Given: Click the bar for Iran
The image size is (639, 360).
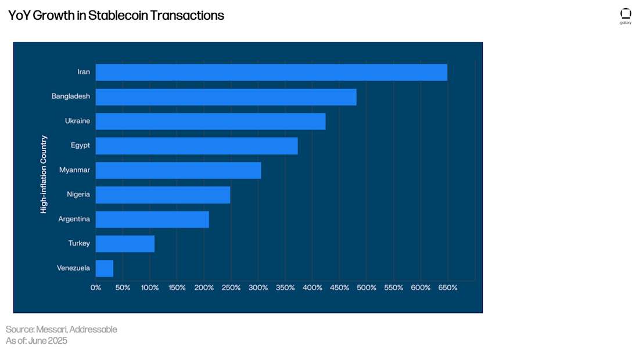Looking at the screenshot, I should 271,72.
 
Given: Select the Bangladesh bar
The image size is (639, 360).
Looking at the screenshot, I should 226,97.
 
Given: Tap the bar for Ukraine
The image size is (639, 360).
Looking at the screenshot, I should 210,121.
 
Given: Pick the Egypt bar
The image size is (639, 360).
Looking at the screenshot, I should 196,146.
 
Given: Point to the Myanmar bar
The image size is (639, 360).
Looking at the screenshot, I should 178,170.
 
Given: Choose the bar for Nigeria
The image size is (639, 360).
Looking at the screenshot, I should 163,195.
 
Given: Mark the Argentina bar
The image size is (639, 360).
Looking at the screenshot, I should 152,219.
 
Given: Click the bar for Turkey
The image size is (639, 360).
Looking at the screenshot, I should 125,244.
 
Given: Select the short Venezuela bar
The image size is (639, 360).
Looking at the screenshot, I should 105,268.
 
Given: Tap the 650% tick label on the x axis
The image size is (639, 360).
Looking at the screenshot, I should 447,288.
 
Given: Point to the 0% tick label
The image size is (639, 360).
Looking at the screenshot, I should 96,288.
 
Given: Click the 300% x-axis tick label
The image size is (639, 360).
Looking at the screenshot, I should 258,288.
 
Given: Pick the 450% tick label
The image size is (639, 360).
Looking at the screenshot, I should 339,288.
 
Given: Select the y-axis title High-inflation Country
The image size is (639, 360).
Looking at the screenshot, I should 44,174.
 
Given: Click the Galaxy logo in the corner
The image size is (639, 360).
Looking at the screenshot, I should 626,16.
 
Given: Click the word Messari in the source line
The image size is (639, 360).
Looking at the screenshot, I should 51,330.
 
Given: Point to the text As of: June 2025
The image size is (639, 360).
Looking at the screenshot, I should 37,341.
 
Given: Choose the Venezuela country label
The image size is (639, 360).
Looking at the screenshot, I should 73,268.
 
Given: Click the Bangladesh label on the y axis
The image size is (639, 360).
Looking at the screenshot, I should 70,96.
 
